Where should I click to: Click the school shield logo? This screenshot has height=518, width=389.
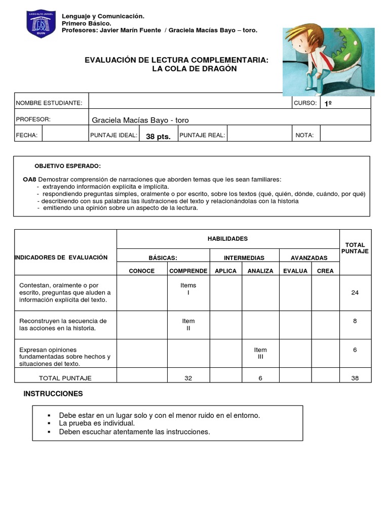coord(41,24)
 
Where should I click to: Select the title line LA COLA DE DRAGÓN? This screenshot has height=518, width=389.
coord(194,68)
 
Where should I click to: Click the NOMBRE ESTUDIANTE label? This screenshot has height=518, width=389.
coord(49,103)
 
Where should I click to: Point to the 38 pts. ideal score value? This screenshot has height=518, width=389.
coord(158,136)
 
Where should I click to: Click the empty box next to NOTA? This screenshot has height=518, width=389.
coord(345,135)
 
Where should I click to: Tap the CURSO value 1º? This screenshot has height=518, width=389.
coord(328,103)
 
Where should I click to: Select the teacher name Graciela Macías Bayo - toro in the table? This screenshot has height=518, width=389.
coord(140,120)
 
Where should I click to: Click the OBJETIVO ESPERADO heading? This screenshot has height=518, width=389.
coord(67,166)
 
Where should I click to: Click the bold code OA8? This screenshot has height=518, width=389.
coord(29,180)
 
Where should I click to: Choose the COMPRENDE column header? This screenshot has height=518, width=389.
coord(188,271)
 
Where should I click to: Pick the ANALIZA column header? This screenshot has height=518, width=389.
coord(260,271)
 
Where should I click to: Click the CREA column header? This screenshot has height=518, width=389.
coord(325,271)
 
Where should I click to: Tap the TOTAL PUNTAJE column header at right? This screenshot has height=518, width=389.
coord(355,248)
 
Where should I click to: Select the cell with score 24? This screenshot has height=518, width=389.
coord(355,292)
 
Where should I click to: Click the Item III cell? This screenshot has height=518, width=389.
coord(260,353)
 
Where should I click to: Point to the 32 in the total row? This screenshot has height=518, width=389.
coord(188,378)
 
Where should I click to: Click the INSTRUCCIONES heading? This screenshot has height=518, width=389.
coord(53,394)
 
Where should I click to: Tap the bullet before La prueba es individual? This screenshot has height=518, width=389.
coord(50,423)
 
